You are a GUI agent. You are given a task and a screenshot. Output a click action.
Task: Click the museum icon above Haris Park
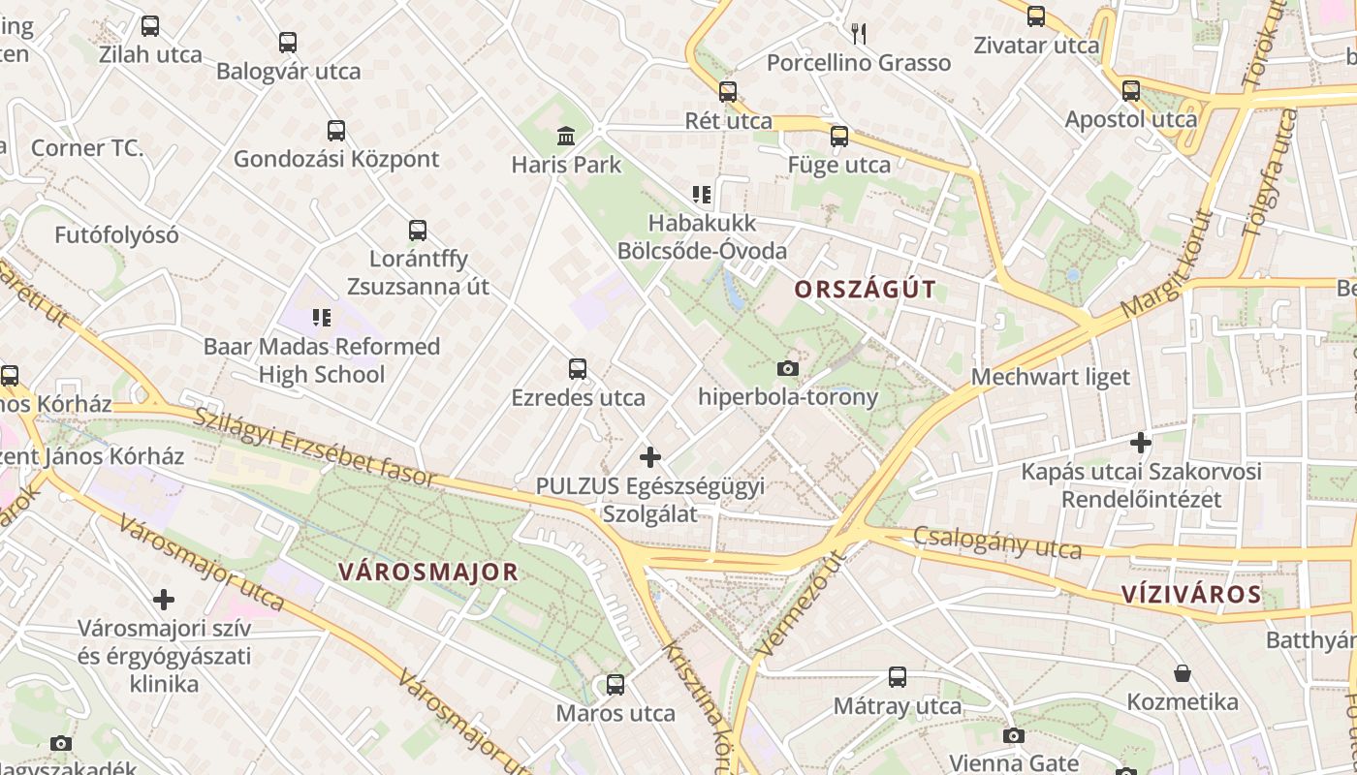click(566, 136)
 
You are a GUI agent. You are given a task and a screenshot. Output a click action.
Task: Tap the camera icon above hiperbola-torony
click(788, 368)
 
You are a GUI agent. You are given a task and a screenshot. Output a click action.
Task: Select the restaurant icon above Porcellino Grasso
click(858, 34)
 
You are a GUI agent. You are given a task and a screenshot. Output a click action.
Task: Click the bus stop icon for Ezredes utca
click(578, 369)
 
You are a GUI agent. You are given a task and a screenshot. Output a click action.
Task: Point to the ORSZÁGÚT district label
click(866, 289)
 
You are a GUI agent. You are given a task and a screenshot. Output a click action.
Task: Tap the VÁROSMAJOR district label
click(428, 572)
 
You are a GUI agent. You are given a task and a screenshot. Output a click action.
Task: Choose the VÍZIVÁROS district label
click(1191, 595)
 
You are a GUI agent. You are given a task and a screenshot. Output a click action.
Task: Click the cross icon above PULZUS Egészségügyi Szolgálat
click(650, 456)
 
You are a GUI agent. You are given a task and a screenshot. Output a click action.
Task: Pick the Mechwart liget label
click(1051, 377)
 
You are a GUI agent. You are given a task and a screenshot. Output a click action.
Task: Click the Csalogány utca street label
click(997, 542)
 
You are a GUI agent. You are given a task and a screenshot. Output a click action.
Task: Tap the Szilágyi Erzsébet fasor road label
click(315, 446)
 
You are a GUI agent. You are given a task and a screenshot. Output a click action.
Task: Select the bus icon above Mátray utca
click(898, 677)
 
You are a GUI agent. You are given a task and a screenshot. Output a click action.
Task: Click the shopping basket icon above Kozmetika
click(1182, 672)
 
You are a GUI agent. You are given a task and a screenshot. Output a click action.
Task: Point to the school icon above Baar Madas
click(322, 317)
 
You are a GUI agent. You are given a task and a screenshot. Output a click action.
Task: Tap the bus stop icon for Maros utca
click(615, 685)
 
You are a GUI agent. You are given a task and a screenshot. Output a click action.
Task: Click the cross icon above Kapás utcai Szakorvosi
click(1141, 443)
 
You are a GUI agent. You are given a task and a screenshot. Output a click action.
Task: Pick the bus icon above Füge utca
click(839, 137)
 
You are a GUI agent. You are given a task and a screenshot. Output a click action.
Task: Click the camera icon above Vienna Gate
click(1013, 735)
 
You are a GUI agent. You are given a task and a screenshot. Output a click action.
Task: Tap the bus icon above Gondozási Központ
click(336, 131)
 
